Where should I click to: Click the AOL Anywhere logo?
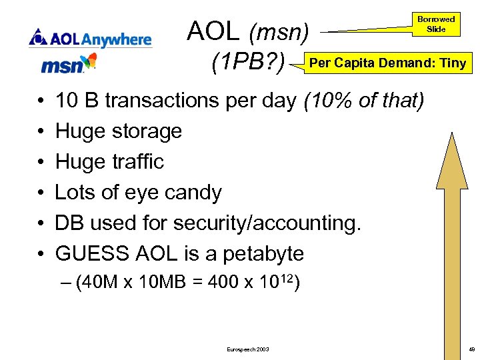90,38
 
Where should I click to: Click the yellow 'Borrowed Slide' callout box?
436,24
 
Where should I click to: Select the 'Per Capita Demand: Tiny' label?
388,63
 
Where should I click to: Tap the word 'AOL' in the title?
213,31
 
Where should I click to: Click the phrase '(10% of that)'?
363,101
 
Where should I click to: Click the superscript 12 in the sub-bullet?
287,277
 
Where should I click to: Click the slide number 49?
471,349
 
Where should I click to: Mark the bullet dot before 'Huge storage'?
41,132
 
